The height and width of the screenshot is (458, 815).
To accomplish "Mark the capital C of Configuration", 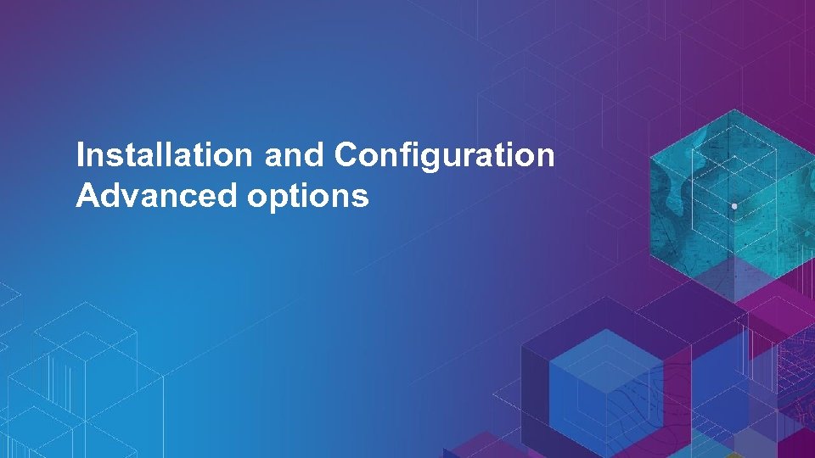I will tap(346, 156).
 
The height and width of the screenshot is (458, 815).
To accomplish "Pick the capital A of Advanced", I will tap(86, 197).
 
